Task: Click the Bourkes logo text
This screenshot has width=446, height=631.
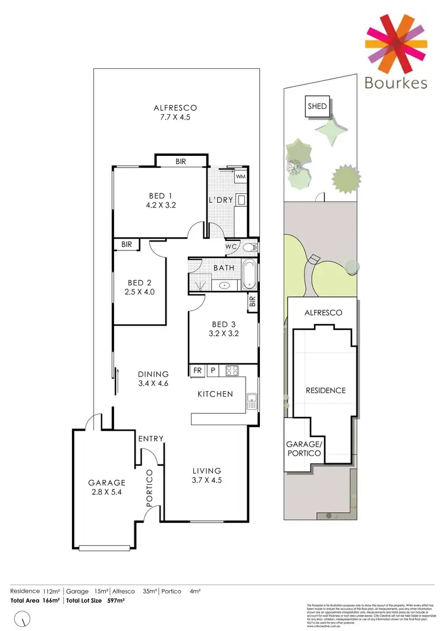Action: click(x=397, y=82)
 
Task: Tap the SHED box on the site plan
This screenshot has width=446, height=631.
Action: click(x=317, y=106)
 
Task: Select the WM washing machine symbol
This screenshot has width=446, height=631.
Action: click(x=241, y=177)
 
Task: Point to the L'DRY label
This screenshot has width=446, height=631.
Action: click(x=221, y=200)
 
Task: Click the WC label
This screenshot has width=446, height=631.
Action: click(x=231, y=246)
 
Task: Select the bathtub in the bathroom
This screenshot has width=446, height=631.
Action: click(x=249, y=275)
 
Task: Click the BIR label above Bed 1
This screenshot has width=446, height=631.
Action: click(x=181, y=161)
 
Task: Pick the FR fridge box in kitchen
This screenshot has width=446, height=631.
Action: click(x=197, y=371)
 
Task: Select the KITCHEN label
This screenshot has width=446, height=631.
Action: click(x=216, y=394)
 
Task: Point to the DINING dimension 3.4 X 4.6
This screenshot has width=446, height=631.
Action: click(x=153, y=384)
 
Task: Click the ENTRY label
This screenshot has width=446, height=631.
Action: click(x=150, y=438)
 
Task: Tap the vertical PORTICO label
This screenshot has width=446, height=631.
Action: click(x=150, y=488)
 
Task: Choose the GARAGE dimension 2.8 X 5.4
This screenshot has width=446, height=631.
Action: click(x=107, y=492)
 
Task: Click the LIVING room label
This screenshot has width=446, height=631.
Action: click(x=206, y=470)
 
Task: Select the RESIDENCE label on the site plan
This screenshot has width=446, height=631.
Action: click(x=325, y=391)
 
